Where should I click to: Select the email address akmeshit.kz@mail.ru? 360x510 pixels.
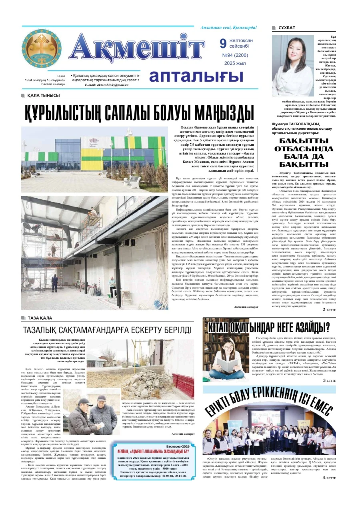coord(104,85)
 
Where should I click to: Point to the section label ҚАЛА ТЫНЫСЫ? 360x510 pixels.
coord(44,95)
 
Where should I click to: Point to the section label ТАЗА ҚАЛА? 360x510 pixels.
coord(40,318)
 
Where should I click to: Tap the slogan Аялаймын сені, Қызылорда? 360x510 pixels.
coord(229,27)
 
